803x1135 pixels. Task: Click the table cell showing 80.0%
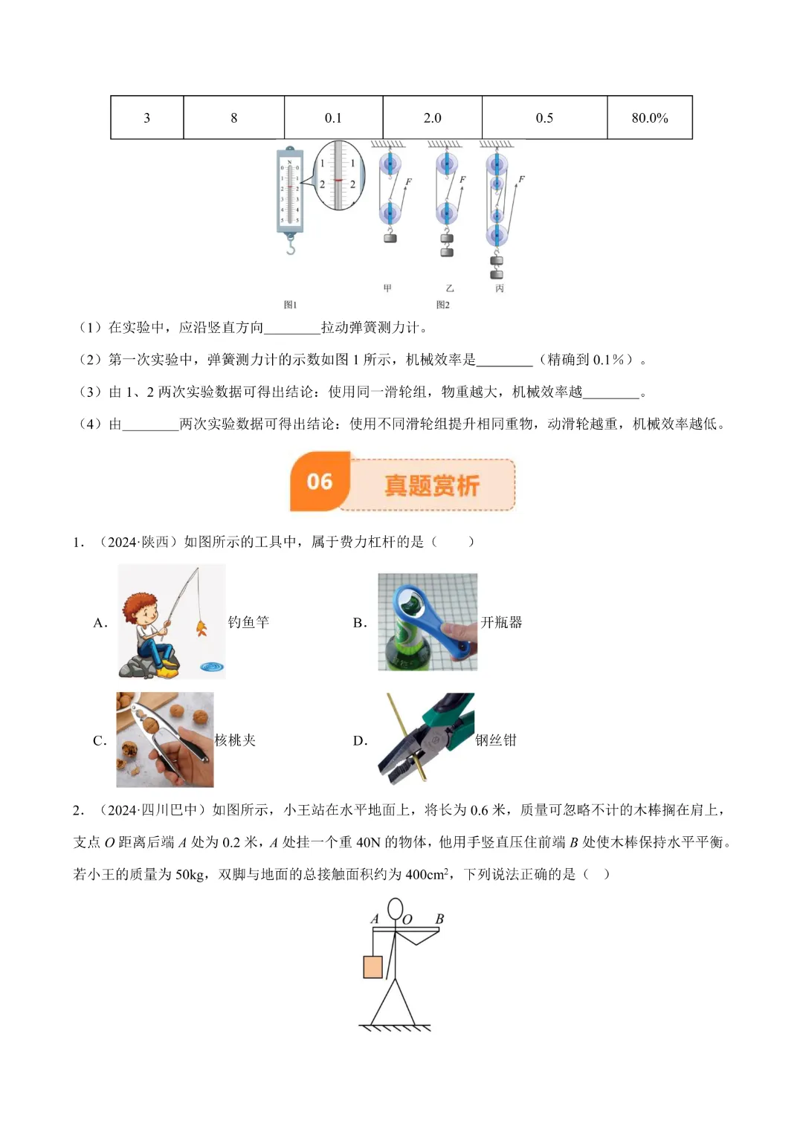[649, 117]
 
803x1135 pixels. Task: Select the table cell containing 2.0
[432, 117]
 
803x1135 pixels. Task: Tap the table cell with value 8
[233, 117]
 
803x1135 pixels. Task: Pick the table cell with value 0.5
[544, 117]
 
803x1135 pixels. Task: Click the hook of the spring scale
[291, 246]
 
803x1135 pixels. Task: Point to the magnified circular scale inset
[338, 175]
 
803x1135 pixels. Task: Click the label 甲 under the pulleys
[387, 288]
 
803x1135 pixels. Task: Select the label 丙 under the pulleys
[500, 288]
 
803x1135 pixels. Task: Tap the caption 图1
[290, 305]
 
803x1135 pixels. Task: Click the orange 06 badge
[320, 482]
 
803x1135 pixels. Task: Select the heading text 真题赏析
[432, 485]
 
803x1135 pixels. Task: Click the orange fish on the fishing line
[201, 629]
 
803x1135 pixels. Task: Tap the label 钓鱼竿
[248, 622]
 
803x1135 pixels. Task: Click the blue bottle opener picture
[428, 622]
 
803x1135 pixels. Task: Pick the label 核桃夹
[235, 740]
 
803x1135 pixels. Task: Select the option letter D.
[360, 741]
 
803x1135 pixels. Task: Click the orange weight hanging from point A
[373, 966]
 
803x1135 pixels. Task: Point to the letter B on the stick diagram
[439, 919]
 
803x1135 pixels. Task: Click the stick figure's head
[396, 908]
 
